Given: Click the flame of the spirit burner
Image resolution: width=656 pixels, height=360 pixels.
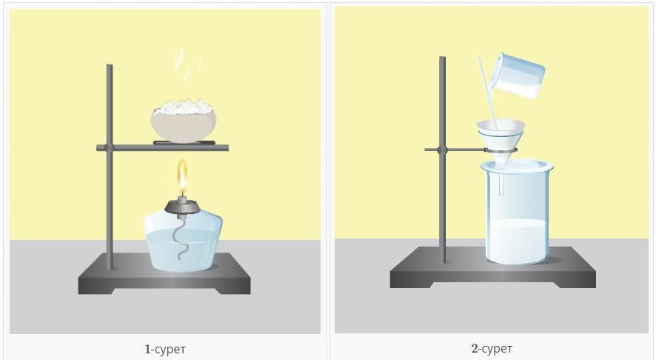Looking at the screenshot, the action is pos(182,178).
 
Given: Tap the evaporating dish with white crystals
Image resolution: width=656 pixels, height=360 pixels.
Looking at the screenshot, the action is pos(183,121).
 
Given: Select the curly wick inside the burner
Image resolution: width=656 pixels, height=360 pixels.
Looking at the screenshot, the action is pos(183,239).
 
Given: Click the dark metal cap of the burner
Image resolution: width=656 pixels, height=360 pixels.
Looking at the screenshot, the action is pos(182,207).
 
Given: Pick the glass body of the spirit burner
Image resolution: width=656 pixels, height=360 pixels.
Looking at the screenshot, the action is pos(182,242).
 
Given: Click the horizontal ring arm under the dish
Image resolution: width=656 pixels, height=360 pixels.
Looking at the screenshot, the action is pos(162,147).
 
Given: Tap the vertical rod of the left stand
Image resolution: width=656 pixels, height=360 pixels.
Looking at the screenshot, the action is pos(110,167).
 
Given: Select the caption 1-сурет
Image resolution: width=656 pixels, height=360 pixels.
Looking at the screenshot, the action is pos(165,349).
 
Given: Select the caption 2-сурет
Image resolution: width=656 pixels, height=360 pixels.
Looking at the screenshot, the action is pos(492,348).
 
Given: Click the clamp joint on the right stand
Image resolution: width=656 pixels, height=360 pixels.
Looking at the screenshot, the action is pos(443,150).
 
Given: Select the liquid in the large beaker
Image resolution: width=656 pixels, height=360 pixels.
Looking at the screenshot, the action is pos(518,241).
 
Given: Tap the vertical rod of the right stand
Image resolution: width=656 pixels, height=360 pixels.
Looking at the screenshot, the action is pos(442,160).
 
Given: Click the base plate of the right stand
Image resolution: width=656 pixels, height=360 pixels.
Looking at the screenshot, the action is pos(493,267).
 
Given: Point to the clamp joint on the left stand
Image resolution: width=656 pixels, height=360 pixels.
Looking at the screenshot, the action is pos(109,147).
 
